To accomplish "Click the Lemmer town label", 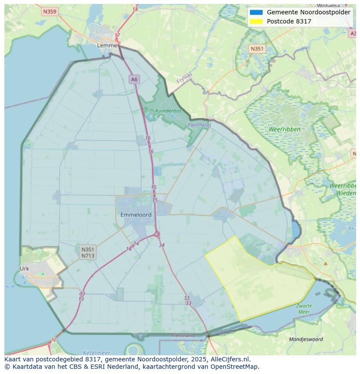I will coord(108,45).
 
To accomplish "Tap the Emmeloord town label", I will coord(136,215).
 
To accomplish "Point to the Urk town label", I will coord(24,268).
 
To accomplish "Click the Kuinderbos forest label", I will coord(168,111).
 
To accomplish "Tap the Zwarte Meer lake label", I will coord(304,309).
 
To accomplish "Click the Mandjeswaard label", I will coord(306,339).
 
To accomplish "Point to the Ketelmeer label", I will coord(96,353).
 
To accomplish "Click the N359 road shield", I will coord(50,12).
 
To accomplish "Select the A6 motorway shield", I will coord(134,79).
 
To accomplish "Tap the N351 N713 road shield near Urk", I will coord(88,252).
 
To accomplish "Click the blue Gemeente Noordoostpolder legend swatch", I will coord(256,13).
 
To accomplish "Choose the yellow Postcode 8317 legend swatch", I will coord(256,21).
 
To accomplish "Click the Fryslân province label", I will coord(185,78).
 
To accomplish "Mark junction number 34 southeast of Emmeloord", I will coord(162,245).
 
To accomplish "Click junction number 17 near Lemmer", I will coord(117,36).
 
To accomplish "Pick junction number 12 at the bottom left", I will coord(53,340).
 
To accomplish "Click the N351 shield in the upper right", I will coord(257,49).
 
